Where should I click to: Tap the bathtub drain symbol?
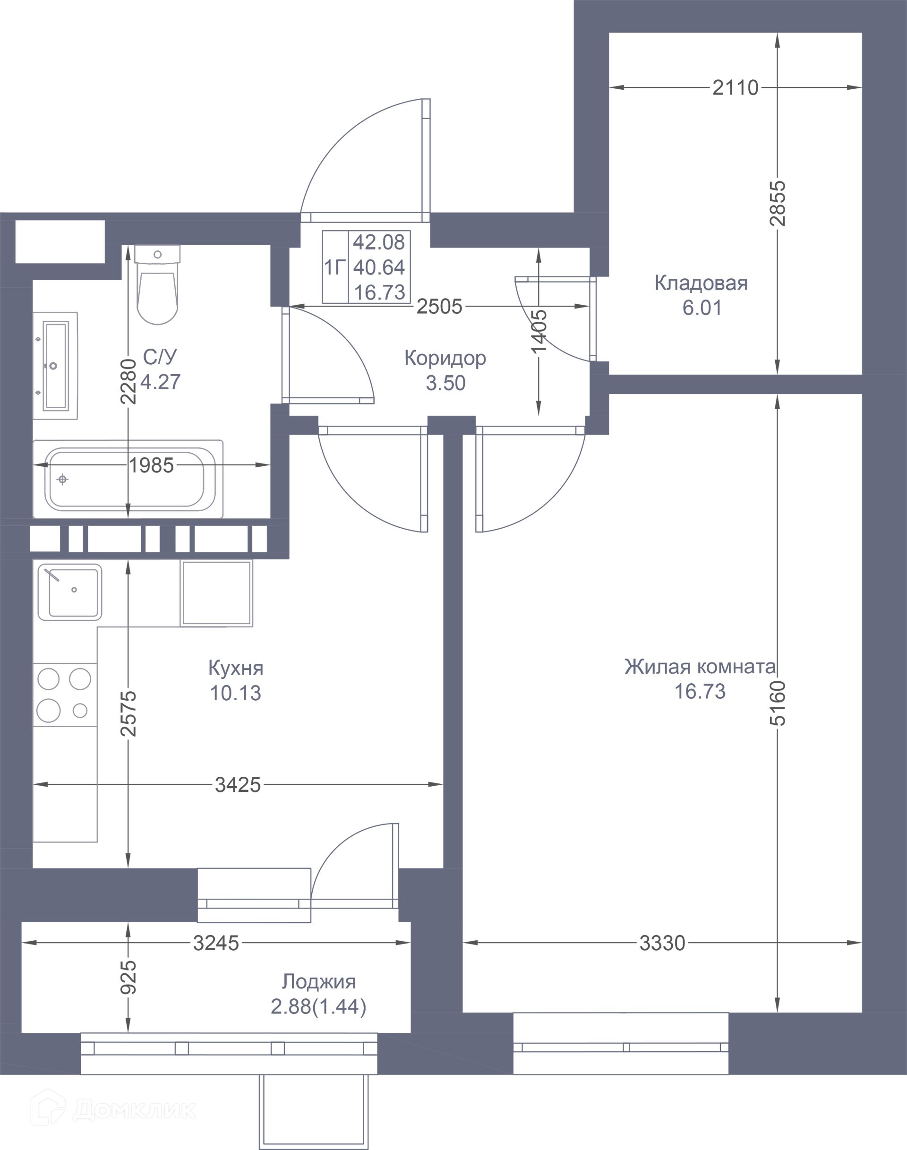click(x=63, y=480)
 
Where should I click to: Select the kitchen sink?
click(x=70, y=592)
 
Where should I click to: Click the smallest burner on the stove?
click(x=80, y=710)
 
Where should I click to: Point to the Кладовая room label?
click(x=701, y=283)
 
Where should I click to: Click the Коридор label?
click(x=445, y=359)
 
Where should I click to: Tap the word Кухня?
click(x=236, y=668)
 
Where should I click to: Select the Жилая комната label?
click(x=700, y=667)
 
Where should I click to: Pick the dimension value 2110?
click(x=736, y=88)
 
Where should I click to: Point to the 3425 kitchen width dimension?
click(x=238, y=785)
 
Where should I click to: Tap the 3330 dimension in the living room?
click(x=662, y=944)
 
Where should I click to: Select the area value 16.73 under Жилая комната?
click(x=700, y=692)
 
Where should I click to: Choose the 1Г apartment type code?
click(x=335, y=267)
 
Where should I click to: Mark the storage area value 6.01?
click(x=702, y=308)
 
